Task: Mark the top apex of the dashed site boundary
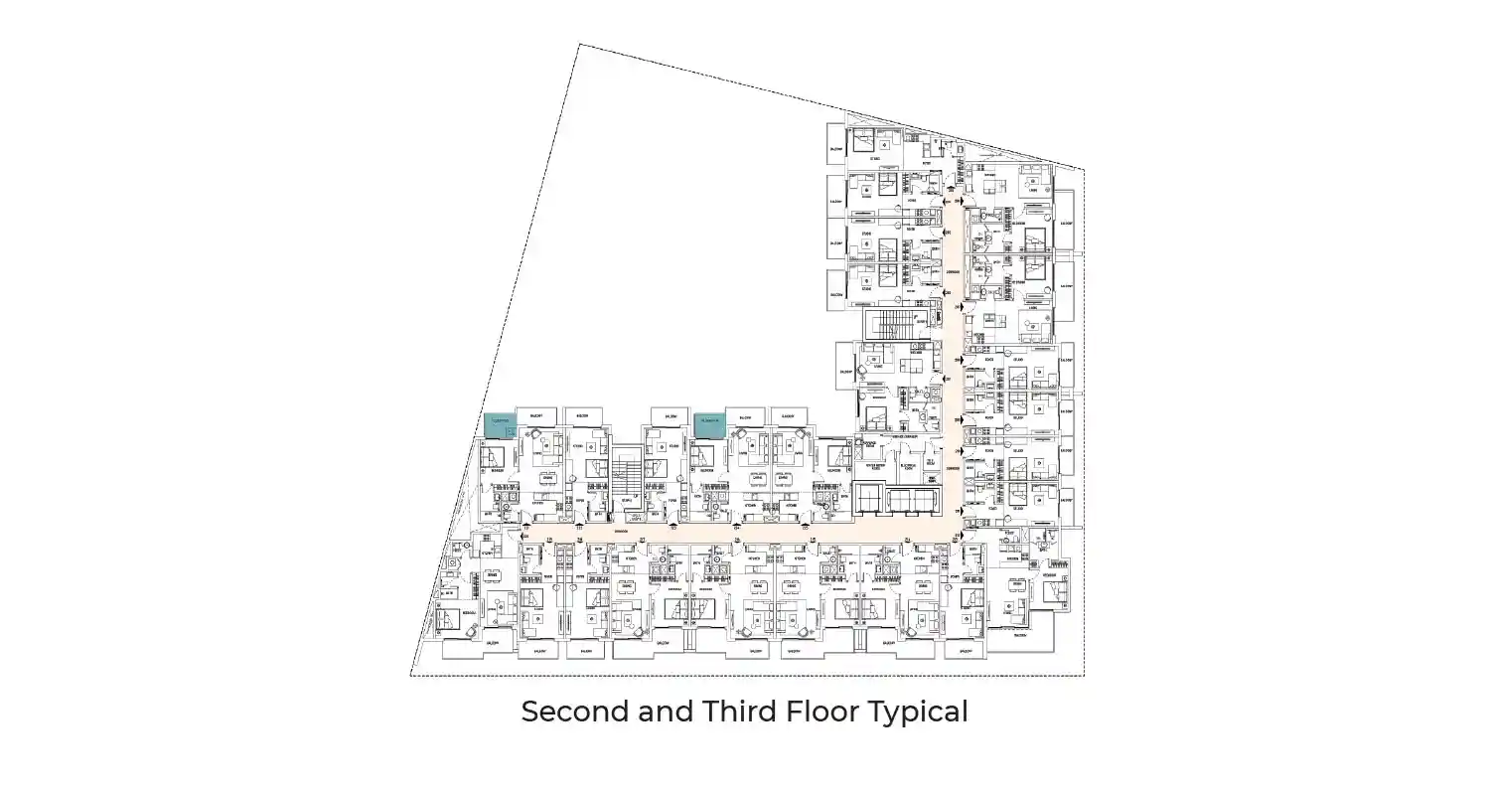(579, 44)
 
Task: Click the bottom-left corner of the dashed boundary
(411, 676)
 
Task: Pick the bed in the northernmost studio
(861, 139)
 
